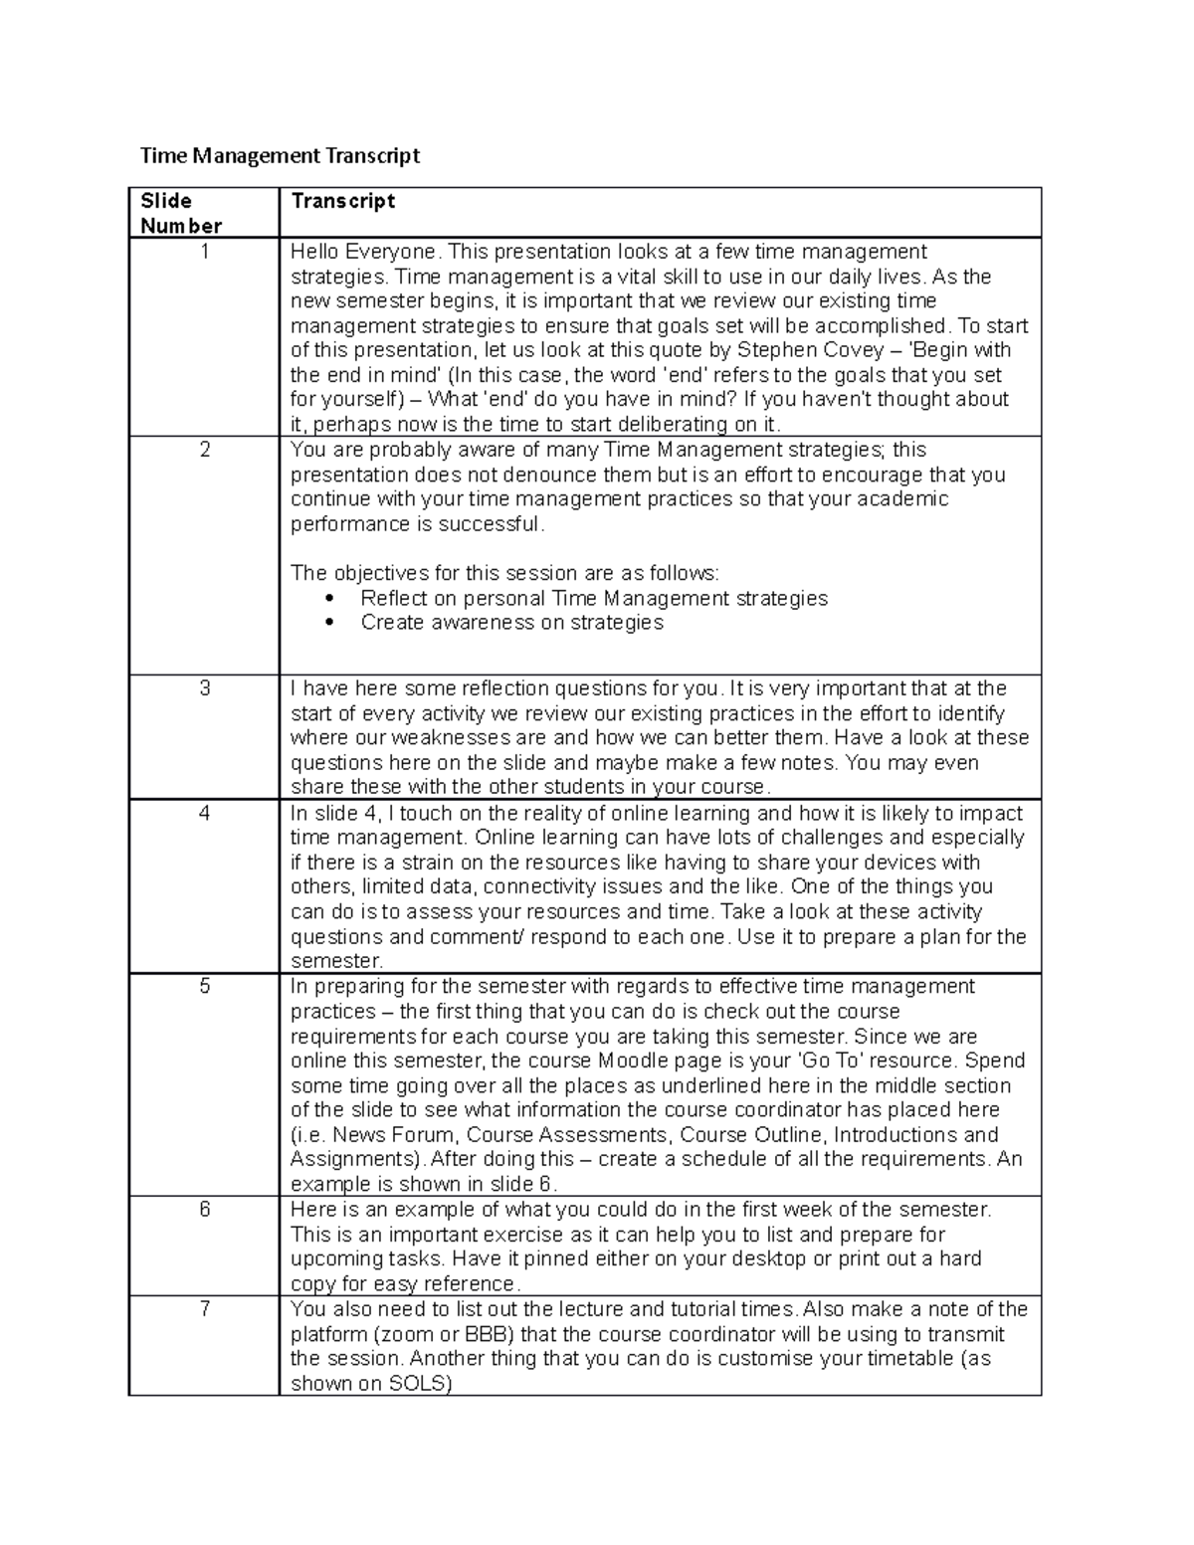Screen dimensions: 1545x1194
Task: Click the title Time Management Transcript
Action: click(x=280, y=155)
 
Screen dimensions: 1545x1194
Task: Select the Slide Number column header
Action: click(x=180, y=213)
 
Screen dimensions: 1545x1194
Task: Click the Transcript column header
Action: click(x=342, y=201)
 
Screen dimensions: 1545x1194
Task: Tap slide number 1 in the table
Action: click(x=205, y=252)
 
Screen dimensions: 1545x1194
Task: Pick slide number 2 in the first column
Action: click(x=205, y=450)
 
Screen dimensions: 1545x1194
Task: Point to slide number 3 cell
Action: click(x=205, y=688)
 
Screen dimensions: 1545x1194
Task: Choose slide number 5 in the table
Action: click(x=205, y=986)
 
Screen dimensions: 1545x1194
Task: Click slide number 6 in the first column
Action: click(x=205, y=1210)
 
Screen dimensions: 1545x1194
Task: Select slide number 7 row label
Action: click(x=205, y=1308)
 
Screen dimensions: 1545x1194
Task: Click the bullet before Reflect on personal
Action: click(x=330, y=599)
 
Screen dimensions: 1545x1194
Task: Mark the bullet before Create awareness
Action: click(x=330, y=623)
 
